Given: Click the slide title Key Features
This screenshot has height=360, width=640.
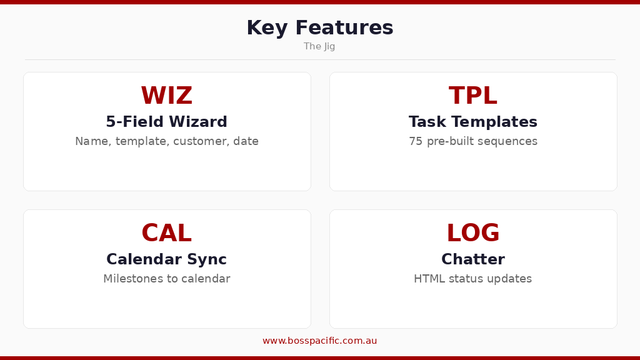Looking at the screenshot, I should pyautogui.click(x=319, y=28).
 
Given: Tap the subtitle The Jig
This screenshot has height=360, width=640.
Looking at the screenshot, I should pyautogui.click(x=319, y=46).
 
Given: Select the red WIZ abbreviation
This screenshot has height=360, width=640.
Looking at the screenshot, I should pyautogui.click(x=166, y=96).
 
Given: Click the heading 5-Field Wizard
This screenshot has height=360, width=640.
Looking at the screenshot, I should pyautogui.click(x=166, y=122).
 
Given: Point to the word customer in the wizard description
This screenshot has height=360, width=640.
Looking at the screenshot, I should pyautogui.click(x=200, y=142).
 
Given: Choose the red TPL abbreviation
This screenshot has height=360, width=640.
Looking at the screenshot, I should pyautogui.click(x=472, y=96).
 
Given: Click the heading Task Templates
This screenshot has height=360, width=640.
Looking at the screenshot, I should pyautogui.click(x=472, y=122).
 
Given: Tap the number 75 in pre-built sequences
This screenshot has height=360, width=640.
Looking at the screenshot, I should pyautogui.click(x=416, y=141).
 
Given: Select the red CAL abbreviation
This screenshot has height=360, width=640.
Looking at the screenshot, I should pyautogui.click(x=166, y=234).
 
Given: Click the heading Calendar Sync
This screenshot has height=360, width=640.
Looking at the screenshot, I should pyautogui.click(x=166, y=259).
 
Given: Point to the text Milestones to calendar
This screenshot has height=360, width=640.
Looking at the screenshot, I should pyautogui.click(x=166, y=279).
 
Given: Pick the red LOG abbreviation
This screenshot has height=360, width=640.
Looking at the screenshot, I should pyautogui.click(x=472, y=234).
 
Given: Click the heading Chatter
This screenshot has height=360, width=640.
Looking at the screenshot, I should pyautogui.click(x=472, y=259).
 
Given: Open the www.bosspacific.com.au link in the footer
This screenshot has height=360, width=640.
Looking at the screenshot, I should pyautogui.click(x=319, y=341).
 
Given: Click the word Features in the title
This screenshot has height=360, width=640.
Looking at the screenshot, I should pyautogui.click(x=344, y=28).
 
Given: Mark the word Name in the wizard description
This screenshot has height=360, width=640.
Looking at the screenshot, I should pyautogui.click(x=92, y=141).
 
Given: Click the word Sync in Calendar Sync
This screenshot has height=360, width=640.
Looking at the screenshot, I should pyautogui.click(x=209, y=259).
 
